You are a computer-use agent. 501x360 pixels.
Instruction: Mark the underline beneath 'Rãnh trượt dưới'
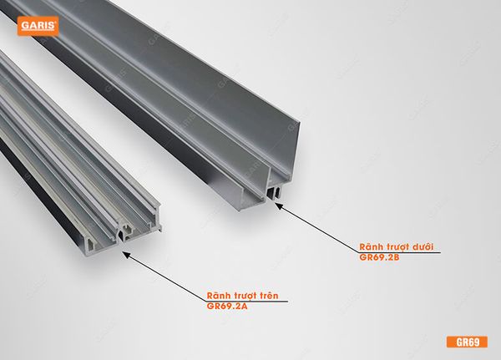pyautogui.click(x=399, y=253)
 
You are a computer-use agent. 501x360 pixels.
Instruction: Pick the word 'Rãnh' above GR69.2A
pyautogui.click(x=218, y=296)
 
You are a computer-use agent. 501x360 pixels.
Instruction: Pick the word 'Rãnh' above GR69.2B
pyautogui.click(x=372, y=247)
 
